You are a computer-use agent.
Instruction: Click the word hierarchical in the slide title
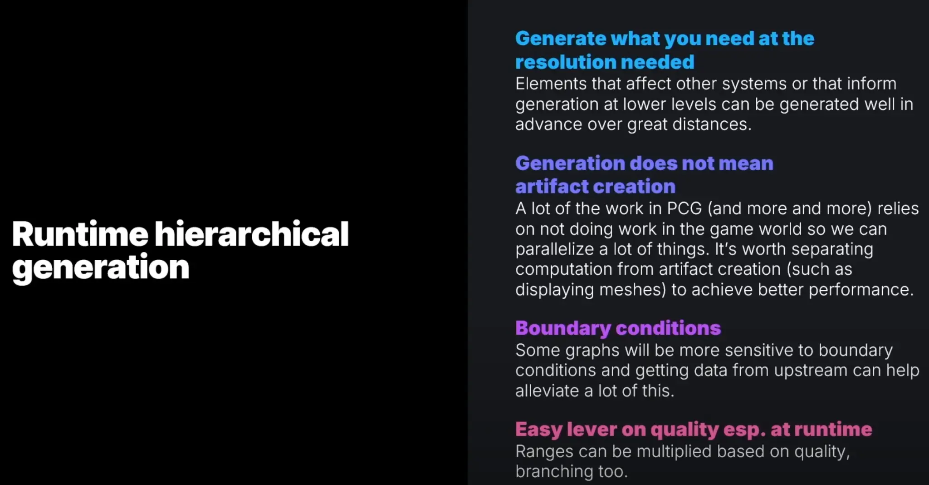(x=252, y=234)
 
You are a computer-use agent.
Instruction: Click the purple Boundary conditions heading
(x=618, y=328)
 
